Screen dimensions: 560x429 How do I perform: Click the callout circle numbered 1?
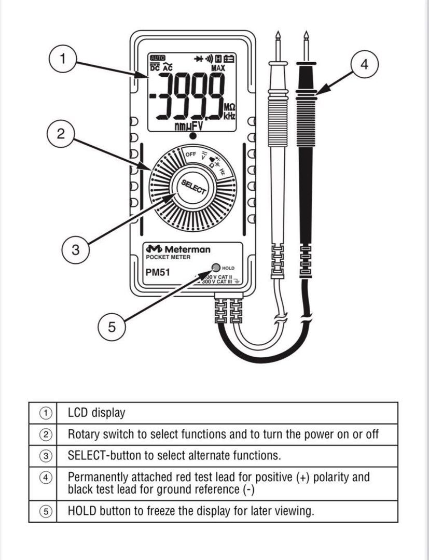pyautogui.click(x=63, y=59)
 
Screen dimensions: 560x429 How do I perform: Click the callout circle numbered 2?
pyautogui.click(x=61, y=134)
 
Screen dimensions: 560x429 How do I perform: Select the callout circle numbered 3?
pyautogui.click(x=76, y=249)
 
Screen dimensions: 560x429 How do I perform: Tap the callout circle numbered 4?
pyautogui.click(x=365, y=65)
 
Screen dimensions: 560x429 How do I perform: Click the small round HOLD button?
pyautogui.click(x=215, y=268)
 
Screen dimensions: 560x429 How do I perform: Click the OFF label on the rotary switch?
pyautogui.click(x=191, y=155)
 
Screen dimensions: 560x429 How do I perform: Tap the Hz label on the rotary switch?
pyautogui.click(x=222, y=171)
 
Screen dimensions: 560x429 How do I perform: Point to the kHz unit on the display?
pyautogui.click(x=229, y=117)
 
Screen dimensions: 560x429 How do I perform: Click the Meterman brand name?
pyautogui.click(x=187, y=249)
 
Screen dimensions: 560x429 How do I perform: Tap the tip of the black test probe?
pyautogui.click(x=306, y=36)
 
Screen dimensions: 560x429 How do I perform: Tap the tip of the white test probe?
pyautogui.click(x=279, y=36)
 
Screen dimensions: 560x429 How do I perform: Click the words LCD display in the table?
pyautogui.click(x=96, y=413)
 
